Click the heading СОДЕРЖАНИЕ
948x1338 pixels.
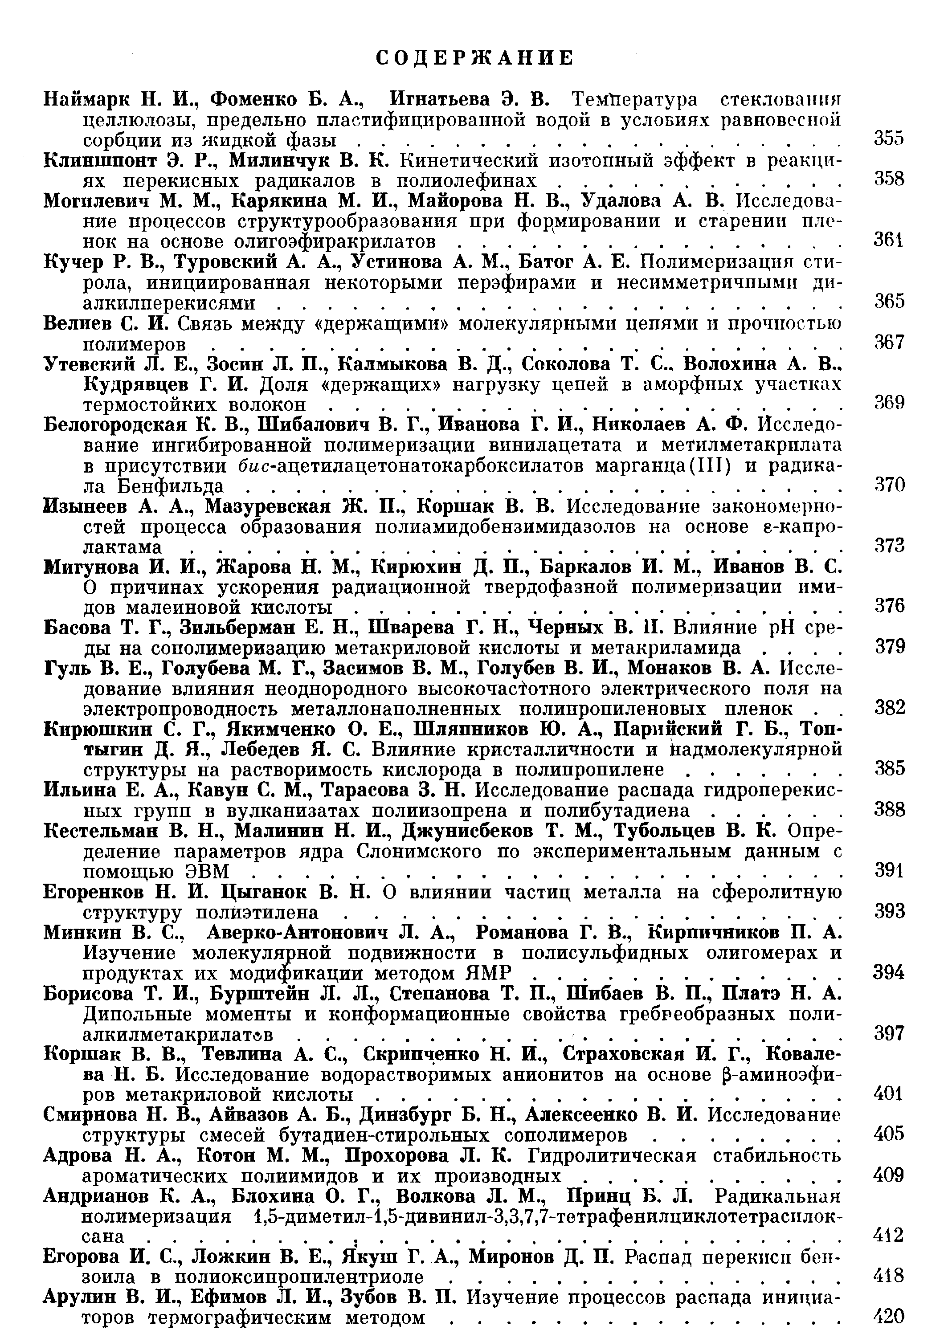click(x=474, y=58)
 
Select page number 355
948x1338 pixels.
click(x=889, y=138)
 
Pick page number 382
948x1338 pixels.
click(x=889, y=708)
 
